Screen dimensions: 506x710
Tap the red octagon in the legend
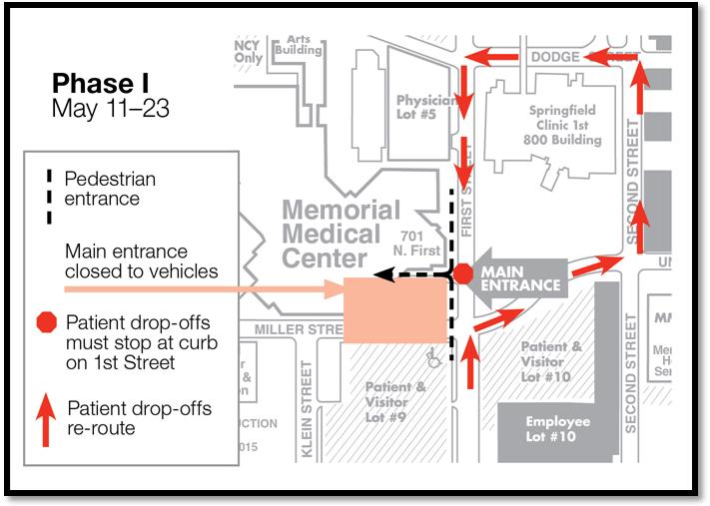tap(46, 322)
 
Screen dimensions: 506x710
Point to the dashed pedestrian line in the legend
tap(46, 188)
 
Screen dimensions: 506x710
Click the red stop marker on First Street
tap(462, 273)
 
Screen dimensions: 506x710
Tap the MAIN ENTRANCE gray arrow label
tap(519, 277)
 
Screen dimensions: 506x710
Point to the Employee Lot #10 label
tap(558, 428)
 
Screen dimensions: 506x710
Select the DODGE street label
tap(555, 58)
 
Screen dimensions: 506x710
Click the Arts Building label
tap(300, 44)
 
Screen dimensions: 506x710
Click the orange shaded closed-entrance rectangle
tap(393, 310)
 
